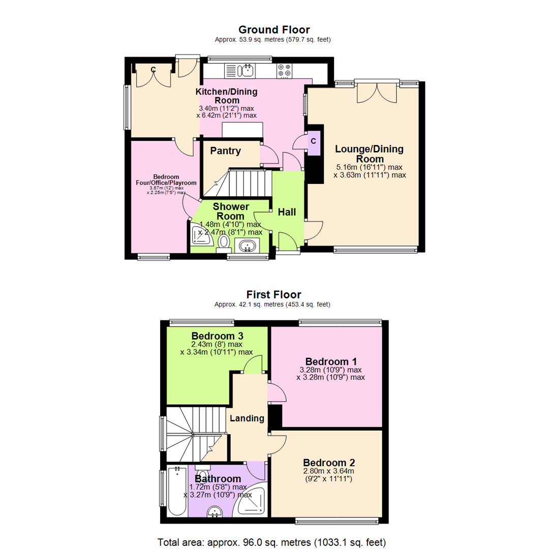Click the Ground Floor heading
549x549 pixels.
pos(274,29)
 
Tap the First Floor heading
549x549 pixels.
pos(274,294)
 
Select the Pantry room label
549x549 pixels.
pos(225,151)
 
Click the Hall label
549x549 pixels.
pos(286,212)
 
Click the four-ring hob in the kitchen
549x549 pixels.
pos(285,71)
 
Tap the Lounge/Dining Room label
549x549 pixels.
pos(369,154)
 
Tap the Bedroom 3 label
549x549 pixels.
pos(217,336)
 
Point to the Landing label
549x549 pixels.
pos(247,418)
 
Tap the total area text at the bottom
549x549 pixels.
pos(274,541)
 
